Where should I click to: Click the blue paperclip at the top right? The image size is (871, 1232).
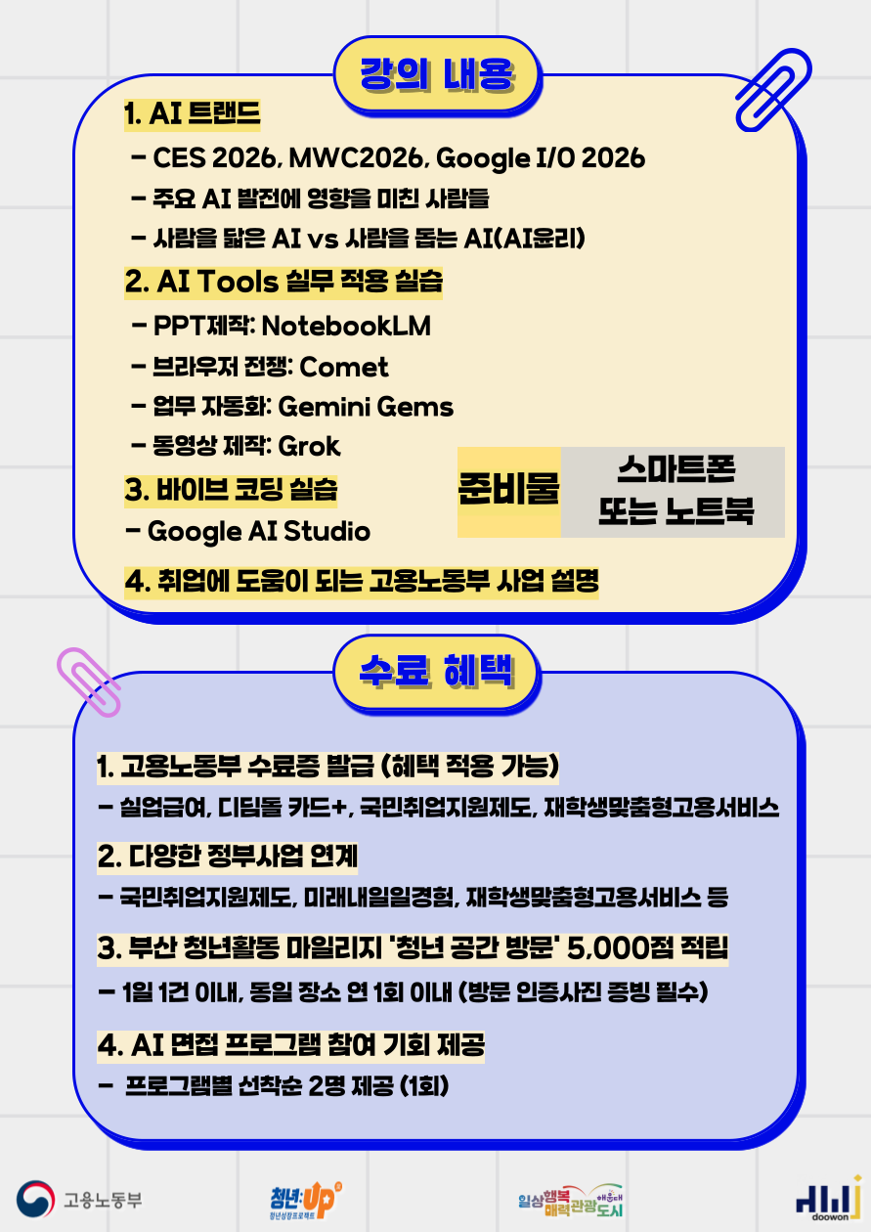pos(773,90)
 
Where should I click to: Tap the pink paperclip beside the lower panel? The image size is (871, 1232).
pos(89,682)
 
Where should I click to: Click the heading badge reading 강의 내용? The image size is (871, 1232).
pos(437,74)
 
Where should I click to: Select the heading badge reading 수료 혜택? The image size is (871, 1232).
pos(437,672)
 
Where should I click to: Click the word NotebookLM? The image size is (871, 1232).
pos(346,326)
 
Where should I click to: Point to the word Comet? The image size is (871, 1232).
pos(344,367)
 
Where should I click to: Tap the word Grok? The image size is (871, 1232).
pos(309,446)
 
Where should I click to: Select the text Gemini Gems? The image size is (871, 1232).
pos(366,407)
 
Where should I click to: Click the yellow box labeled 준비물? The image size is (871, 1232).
pos(508,492)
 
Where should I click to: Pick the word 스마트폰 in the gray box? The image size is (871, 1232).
pos(675,470)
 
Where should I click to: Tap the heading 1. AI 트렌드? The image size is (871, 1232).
pos(192,113)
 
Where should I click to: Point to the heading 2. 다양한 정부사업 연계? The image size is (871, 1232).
pos(228,857)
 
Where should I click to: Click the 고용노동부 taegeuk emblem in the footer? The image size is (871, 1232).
pos(36,1199)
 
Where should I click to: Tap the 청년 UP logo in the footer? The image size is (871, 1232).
pos(305,1200)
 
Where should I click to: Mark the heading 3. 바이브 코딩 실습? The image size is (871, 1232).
pos(231,491)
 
